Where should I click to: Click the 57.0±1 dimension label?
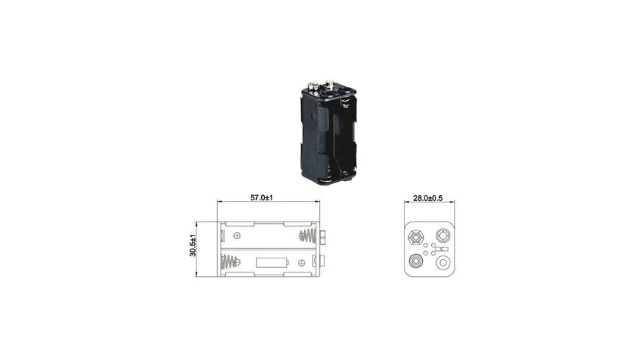(262, 197)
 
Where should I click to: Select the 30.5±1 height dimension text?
(193, 245)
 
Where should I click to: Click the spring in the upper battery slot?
(307, 236)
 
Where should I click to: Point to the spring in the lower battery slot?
(231, 262)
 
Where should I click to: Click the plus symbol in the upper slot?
(237, 236)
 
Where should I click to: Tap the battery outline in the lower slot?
(271, 262)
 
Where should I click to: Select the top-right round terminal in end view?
(444, 236)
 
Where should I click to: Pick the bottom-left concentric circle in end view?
(416, 261)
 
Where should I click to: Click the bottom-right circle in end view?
(444, 262)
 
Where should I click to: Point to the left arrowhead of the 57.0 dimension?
(219, 202)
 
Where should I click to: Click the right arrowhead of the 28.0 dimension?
(452, 203)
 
